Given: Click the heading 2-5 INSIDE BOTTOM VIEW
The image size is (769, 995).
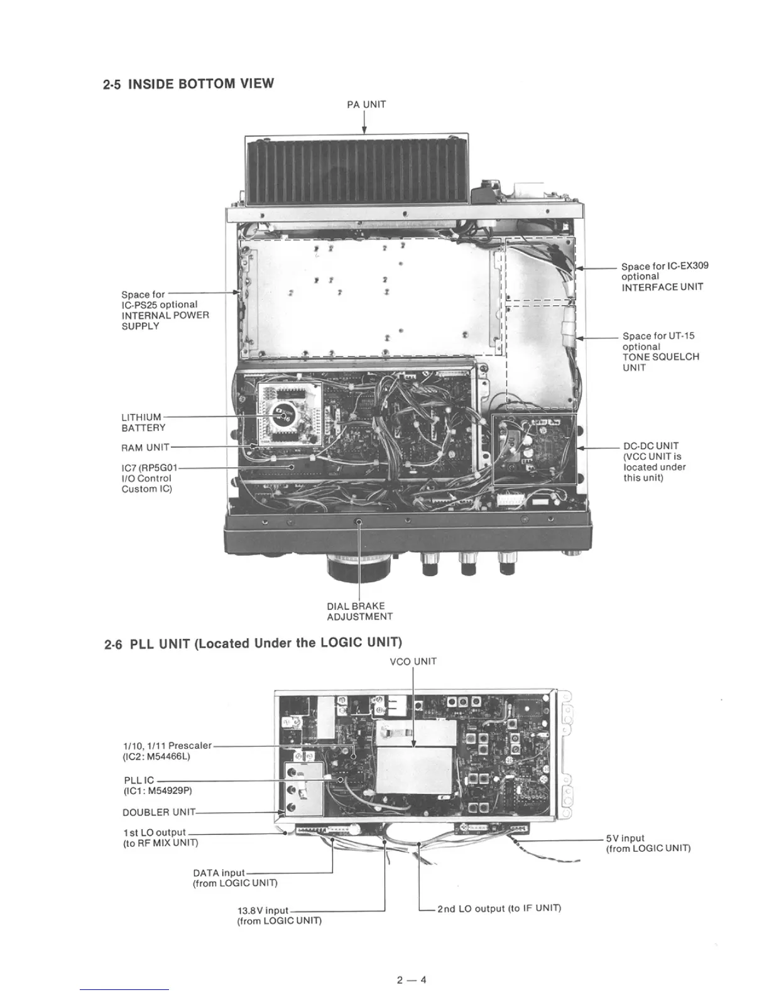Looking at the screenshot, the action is tap(188, 84).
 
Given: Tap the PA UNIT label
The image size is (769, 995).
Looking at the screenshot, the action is tap(366, 104).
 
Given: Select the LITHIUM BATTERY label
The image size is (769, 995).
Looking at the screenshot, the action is tap(143, 422).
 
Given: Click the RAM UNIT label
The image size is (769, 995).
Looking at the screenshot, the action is tap(145, 448).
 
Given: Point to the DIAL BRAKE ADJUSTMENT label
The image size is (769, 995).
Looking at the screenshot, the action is tap(359, 611).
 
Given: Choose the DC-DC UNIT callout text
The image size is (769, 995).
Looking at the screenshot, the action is tap(654, 462).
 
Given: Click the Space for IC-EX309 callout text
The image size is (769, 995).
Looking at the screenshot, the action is tap(665, 276).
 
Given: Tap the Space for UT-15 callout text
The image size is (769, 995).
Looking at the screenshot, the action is tap(660, 352).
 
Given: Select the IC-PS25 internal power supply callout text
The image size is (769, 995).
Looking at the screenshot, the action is tap(165, 310).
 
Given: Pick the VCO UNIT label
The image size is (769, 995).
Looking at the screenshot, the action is tap(413, 661).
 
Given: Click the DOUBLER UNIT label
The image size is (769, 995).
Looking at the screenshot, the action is tap(159, 812).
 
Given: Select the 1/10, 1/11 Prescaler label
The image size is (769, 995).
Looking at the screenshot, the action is tap(167, 751).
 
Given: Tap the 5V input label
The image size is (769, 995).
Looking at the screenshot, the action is tap(648, 843).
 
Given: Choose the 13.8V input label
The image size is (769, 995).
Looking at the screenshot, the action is tap(279, 915).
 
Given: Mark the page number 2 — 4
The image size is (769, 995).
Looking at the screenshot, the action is tap(412, 979).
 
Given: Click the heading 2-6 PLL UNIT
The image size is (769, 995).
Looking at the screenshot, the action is tap(253, 643).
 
